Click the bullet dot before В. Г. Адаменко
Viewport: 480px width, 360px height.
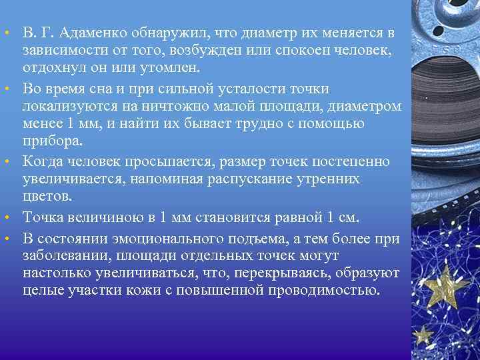[7, 33]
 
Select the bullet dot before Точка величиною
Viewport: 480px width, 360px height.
[7, 218]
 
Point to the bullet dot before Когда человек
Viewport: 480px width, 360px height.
[7, 162]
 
